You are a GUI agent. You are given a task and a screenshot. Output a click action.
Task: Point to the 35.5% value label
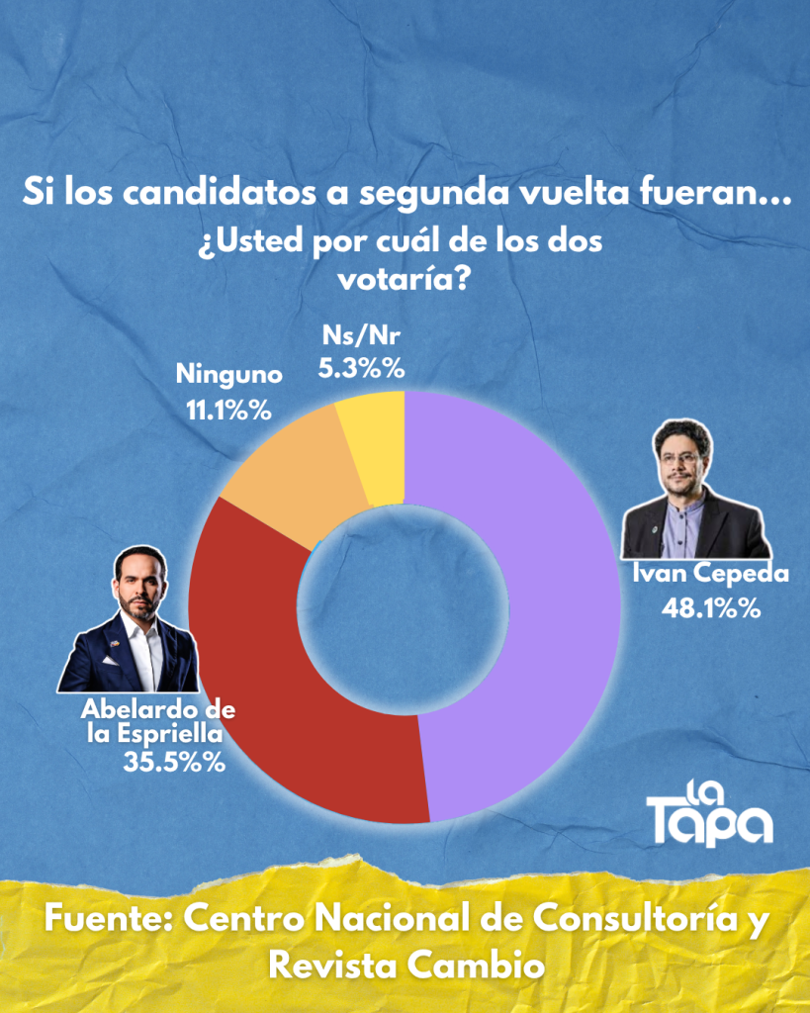coord(173,763)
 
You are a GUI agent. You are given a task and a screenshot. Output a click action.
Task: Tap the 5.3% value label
coord(362,369)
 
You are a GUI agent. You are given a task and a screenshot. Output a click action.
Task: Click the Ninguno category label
coord(229,375)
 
